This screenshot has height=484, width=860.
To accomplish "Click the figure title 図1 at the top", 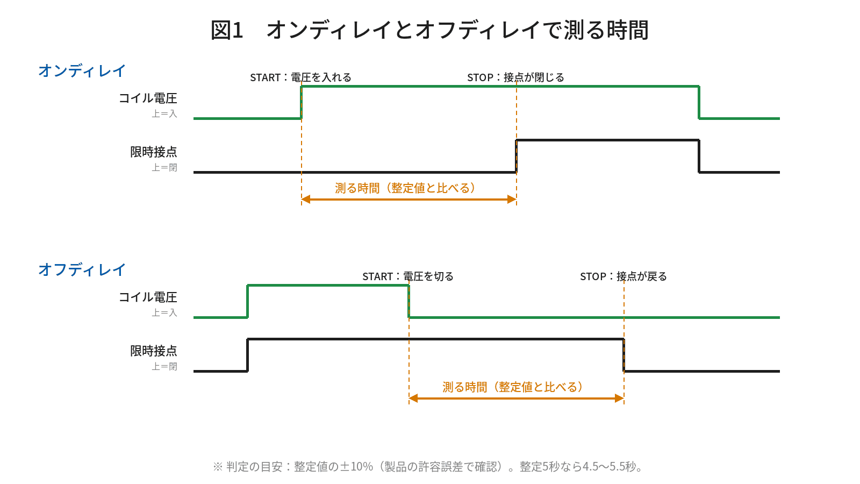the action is [227, 30].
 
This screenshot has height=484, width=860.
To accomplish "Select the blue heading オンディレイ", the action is [82, 70].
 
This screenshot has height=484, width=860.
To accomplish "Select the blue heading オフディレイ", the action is [82, 269].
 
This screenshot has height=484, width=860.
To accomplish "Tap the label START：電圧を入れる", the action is [300, 77].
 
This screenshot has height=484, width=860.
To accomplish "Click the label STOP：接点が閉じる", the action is [515, 77].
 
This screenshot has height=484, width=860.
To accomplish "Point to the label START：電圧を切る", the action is [408, 276].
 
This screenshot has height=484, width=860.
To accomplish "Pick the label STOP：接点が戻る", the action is [623, 276].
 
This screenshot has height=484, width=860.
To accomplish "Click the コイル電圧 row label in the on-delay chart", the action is [148, 98].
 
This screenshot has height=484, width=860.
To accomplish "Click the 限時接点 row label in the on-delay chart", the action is [154, 152].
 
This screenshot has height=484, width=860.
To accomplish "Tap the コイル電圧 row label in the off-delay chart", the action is [148, 297].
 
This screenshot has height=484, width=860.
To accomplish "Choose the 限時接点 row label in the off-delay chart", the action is [154, 351].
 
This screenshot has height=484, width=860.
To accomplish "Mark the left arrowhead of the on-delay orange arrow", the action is [306, 200].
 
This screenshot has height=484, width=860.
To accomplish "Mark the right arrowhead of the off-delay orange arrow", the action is [619, 398].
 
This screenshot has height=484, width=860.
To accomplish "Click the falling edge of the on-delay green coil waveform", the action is [699, 103].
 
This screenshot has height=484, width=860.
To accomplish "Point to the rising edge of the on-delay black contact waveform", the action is [517, 156].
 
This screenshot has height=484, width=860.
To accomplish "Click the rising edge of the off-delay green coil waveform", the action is [248, 302].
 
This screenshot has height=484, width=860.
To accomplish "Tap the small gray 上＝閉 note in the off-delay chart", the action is [164, 366].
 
